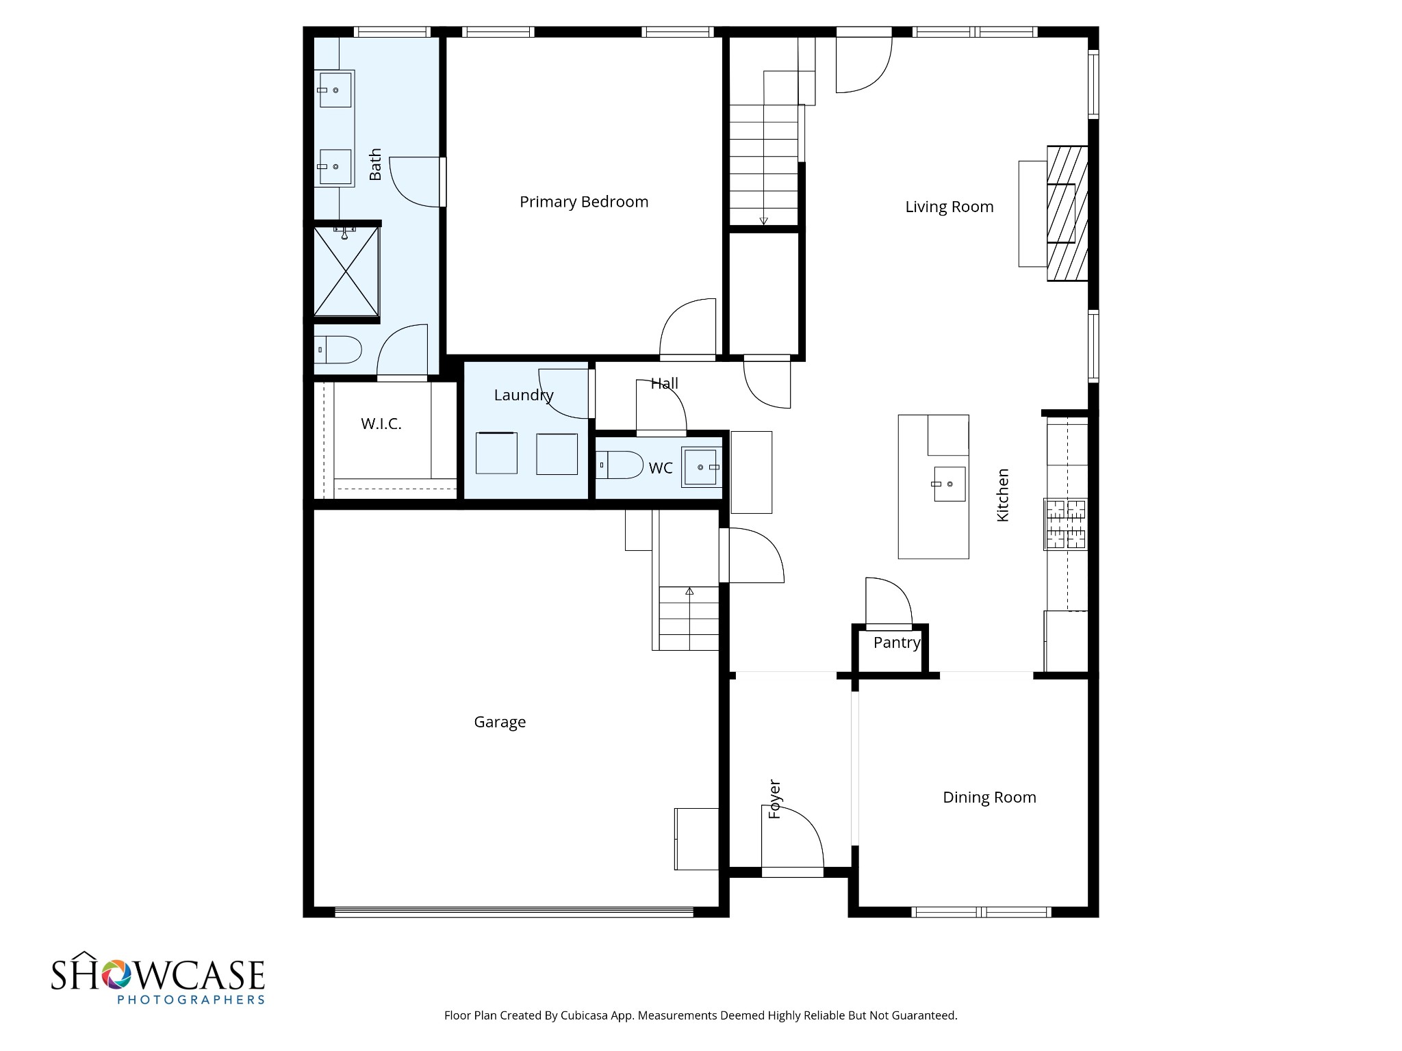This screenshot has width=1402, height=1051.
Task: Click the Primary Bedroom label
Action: click(583, 202)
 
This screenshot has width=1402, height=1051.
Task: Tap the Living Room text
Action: click(949, 207)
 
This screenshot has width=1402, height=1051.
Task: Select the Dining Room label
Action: click(989, 797)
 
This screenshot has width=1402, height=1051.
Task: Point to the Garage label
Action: click(500, 722)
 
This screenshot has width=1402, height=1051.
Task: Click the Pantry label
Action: click(897, 643)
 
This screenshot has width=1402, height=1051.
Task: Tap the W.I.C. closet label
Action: click(381, 424)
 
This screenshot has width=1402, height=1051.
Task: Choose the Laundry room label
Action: click(524, 395)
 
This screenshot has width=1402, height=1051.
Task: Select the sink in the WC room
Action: click(702, 467)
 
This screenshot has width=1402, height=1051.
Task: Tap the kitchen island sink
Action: click(949, 484)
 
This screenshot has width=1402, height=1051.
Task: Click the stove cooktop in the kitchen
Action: click(1065, 524)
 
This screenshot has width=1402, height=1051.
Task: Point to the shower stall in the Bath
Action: click(346, 272)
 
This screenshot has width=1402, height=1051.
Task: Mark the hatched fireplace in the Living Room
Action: click(1067, 213)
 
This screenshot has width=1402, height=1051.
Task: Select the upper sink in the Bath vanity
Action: click(335, 90)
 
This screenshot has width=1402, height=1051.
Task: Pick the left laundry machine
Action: click(496, 452)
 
